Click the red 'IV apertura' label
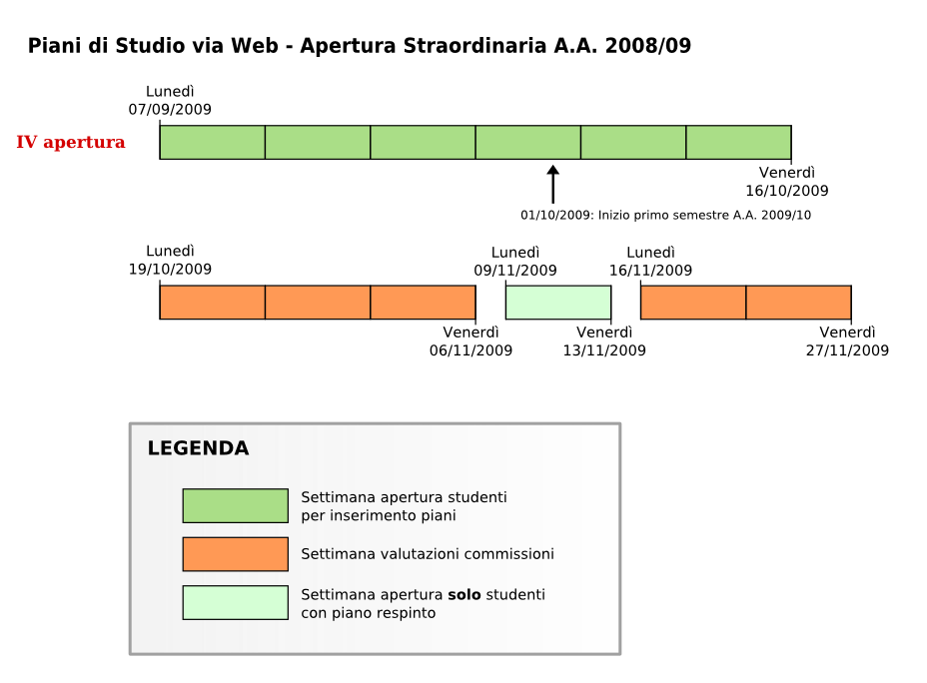pyautogui.click(x=70, y=142)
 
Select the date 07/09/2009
pyautogui.click(x=170, y=109)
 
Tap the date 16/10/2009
pyautogui.click(x=787, y=191)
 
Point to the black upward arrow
pyautogui.click(x=552, y=185)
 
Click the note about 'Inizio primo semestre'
pyautogui.click(x=665, y=215)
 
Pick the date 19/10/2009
pyautogui.click(x=170, y=270)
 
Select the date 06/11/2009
pyautogui.click(x=470, y=350)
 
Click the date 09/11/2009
pyautogui.click(x=515, y=271)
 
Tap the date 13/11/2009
pyautogui.click(x=604, y=350)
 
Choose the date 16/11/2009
pyautogui.click(x=651, y=271)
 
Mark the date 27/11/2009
pyautogui.click(x=847, y=350)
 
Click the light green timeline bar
pyautogui.click(x=558, y=303)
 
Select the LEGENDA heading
pyautogui.click(x=198, y=448)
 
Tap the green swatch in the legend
pyautogui.click(x=236, y=505)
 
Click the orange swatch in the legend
pyautogui.click(x=236, y=554)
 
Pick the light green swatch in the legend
pyautogui.click(x=236, y=603)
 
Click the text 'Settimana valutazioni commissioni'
pyautogui.click(x=428, y=554)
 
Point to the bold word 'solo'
pyautogui.click(x=464, y=594)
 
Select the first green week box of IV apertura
pyautogui.click(x=212, y=143)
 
